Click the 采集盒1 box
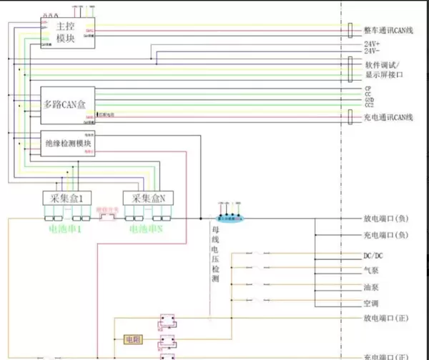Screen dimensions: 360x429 coord(67,198)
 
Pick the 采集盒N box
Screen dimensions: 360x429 coord(149,198)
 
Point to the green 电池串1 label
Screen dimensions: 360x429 coord(66,230)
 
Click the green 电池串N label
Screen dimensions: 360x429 coord(146,230)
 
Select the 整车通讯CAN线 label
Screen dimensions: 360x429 coord(388,30)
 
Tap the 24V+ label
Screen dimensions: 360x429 coord(372,44)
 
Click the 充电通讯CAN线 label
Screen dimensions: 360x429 coord(388,116)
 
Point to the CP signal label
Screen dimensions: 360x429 coord(368,88)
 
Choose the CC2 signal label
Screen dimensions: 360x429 coord(370,105)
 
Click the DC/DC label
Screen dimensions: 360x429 coord(374,255)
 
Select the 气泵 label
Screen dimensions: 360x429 coord(370,271)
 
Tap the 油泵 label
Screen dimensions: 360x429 coord(370,287)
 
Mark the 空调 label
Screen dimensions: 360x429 coord(370,303)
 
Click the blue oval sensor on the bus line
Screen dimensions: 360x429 coord(230,216)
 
